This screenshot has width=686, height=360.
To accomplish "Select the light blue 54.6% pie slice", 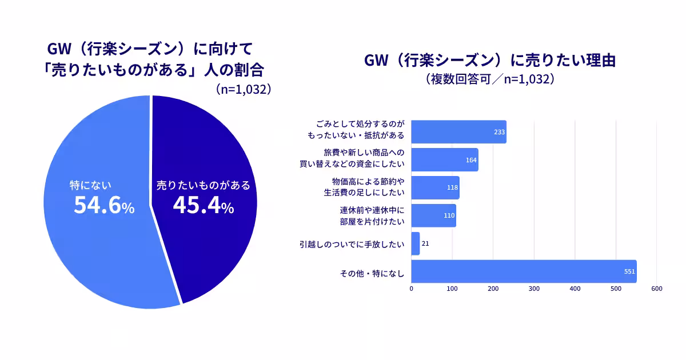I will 97,251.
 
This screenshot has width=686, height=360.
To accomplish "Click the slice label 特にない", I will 90,185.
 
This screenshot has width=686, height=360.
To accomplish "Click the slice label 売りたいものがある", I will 204,185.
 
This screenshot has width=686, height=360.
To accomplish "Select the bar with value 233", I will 457,132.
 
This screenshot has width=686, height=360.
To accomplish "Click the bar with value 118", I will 434,187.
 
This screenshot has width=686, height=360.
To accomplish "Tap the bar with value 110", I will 433,215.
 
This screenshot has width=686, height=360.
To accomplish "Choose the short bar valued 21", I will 416,243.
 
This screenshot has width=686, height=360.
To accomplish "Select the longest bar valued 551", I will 523,271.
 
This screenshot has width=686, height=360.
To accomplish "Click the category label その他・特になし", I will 372,273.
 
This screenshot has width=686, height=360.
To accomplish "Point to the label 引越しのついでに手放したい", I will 352,244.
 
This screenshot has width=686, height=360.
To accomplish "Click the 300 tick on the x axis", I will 534,289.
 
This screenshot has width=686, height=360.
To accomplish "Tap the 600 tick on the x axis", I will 656,289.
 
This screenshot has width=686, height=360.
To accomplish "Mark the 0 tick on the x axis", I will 412,289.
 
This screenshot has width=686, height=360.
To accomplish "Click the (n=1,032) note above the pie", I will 243,89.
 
